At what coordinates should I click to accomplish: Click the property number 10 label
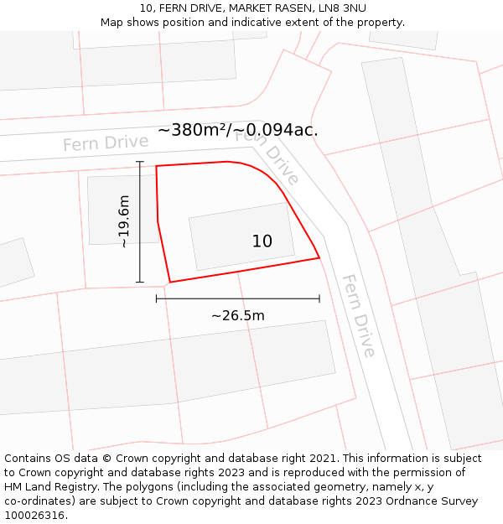[x=262, y=241]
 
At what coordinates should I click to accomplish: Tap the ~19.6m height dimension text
[x=124, y=221]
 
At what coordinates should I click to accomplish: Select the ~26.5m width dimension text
[x=237, y=316]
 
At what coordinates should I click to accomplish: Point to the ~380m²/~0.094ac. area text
[x=237, y=130]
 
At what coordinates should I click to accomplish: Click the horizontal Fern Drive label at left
[x=106, y=143]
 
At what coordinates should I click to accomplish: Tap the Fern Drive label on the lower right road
[x=358, y=315]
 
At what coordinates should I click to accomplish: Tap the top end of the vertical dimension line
[x=140, y=162]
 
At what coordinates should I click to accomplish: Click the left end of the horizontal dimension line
[x=157, y=298]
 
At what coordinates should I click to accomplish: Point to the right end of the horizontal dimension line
[x=319, y=298]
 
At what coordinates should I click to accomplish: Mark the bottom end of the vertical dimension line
[x=140, y=282]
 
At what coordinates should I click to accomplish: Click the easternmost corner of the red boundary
[x=319, y=257]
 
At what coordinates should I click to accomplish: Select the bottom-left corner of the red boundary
[x=170, y=282]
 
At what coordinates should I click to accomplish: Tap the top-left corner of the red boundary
[x=157, y=166]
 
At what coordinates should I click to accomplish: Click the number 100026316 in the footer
[x=34, y=516]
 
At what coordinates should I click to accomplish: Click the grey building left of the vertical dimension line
[x=111, y=209]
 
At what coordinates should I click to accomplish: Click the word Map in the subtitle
[x=113, y=23]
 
